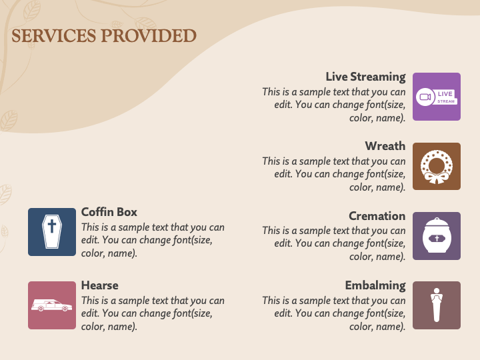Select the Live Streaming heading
tap(365, 77)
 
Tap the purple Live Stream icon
tap(437, 97)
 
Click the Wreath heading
tap(385, 146)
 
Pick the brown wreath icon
tap(437, 167)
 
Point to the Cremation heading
tap(377, 216)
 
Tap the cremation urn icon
tap(437, 236)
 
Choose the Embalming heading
tap(375, 285)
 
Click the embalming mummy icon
tap(437, 305)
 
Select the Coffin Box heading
tap(109, 212)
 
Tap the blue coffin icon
tap(52, 232)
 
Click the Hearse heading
tap(100, 285)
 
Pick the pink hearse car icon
tap(52, 305)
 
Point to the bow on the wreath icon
tap(436, 178)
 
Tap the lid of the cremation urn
tap(437, 222)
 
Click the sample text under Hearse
tap(153, 313)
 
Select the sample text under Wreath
tap(333, 174)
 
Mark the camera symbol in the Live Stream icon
tap(425, 97)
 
